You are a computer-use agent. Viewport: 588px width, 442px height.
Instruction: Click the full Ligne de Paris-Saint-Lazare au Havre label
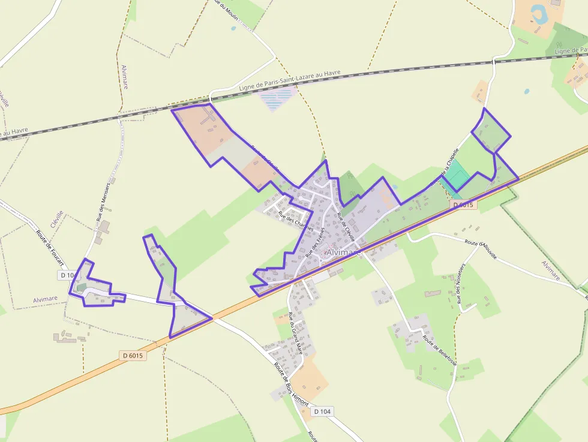[x=289, y=80]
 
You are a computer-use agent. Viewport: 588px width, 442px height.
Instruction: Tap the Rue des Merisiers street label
[x=102, y=202]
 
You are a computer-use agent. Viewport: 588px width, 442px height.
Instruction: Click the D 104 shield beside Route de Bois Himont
[x=322, y=411]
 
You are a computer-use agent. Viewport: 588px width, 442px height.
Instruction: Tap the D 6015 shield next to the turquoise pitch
[x=463, y=205]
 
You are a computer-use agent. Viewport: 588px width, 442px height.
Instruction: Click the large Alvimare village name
[x=344, y=253]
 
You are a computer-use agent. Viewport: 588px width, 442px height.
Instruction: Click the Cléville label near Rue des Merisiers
[x=57, y=220]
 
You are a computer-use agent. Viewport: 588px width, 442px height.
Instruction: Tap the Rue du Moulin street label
[x=226, y=11]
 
